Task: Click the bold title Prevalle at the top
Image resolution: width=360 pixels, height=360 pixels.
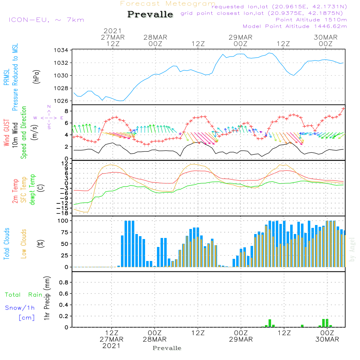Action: click(x=150, y=15)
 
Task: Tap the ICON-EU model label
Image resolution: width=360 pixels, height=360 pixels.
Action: click(x=46, y=19)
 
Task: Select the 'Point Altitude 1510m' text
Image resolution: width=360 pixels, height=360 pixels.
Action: click(x=311, y=19)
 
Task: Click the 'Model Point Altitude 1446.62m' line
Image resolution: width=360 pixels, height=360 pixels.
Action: click(x=294, y=26)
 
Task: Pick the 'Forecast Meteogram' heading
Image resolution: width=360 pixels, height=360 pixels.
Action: click(x=168, y=4)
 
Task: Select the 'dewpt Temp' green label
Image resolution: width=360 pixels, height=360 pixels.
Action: click(x=32, y=190)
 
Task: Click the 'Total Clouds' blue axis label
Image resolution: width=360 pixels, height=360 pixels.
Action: click(x=6, y=244)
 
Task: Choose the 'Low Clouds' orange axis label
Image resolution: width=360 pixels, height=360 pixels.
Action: click(x=24, y=244)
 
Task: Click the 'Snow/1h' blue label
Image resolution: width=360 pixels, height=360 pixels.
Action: click(x=20, y=308)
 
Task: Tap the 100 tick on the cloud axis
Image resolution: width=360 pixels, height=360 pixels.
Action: click(x=63, y=220)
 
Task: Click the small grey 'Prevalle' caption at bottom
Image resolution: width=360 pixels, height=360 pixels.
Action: click(x=167, y=348)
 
